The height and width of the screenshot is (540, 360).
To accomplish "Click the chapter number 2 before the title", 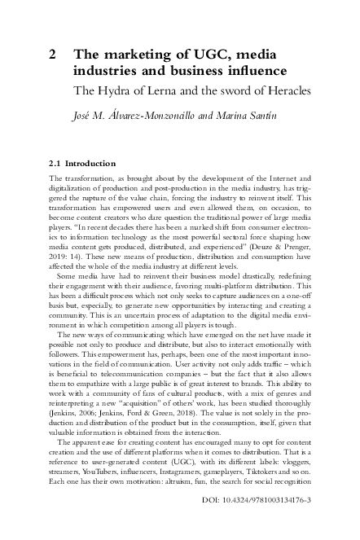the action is point(53,55).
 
